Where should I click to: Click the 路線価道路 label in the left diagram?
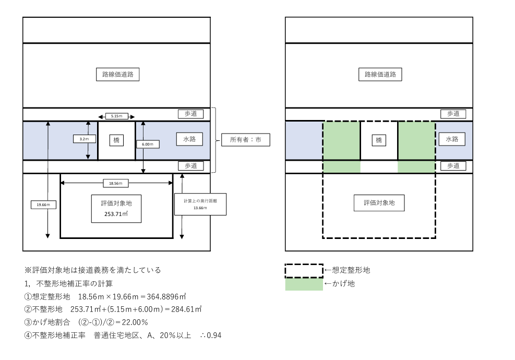117,74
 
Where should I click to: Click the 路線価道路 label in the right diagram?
380,74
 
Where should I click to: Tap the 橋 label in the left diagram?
116,140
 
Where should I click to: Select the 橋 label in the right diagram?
379,140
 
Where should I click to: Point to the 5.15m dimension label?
116,116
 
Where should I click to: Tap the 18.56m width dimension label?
116,183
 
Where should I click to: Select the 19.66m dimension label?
43,205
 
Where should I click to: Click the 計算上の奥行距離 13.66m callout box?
200,204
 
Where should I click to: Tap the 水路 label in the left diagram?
189,139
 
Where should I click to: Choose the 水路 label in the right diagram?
451,139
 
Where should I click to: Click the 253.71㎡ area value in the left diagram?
116,213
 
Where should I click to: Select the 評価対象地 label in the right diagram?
379,203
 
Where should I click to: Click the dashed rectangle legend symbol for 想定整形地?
304,270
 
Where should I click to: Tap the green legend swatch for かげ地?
304,284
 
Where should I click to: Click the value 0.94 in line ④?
213,335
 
